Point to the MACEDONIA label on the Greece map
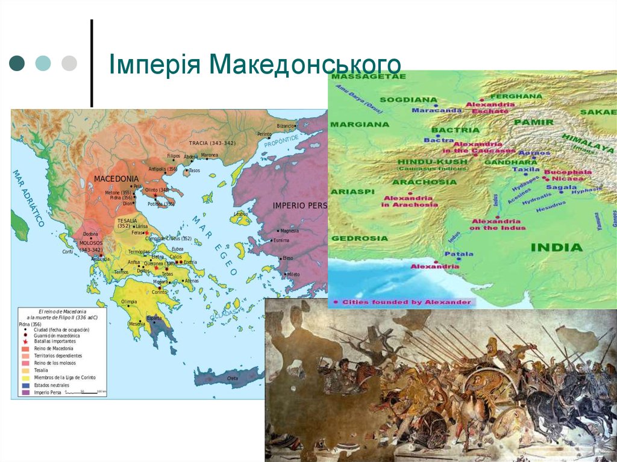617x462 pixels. [x=116, y=179]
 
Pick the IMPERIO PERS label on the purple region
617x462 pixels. [x=299, y=205]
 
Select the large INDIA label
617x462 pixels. [x=556, y=247]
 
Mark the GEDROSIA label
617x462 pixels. [x=360, y=238]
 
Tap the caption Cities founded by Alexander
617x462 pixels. [x=406, y=301]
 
